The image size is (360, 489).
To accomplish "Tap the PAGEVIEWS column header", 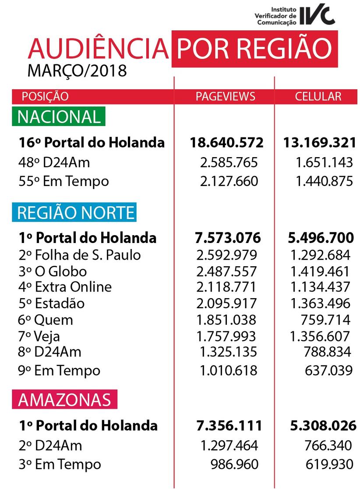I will point(225,96).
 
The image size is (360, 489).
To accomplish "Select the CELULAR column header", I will point(318,96).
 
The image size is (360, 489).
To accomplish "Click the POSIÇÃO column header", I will point(45,96).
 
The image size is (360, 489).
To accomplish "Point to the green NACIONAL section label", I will point(59,117).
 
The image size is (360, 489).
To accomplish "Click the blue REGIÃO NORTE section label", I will point(76,213).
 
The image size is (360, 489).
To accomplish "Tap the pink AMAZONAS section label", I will point(64,400).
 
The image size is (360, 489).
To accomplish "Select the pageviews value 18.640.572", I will point(226,142).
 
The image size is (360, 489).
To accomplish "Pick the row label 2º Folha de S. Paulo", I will point(80,255).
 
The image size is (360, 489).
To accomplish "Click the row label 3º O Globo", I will point(53,271).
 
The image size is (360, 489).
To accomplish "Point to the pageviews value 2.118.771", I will point(226,287).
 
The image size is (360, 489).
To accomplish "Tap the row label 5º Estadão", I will point(52,303).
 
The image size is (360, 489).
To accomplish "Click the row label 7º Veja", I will point(39,336).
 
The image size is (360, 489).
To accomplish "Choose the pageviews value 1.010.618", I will point(228,370).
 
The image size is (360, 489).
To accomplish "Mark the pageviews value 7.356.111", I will point(228,425).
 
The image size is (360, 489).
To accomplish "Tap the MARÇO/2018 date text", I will point(77,70).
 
